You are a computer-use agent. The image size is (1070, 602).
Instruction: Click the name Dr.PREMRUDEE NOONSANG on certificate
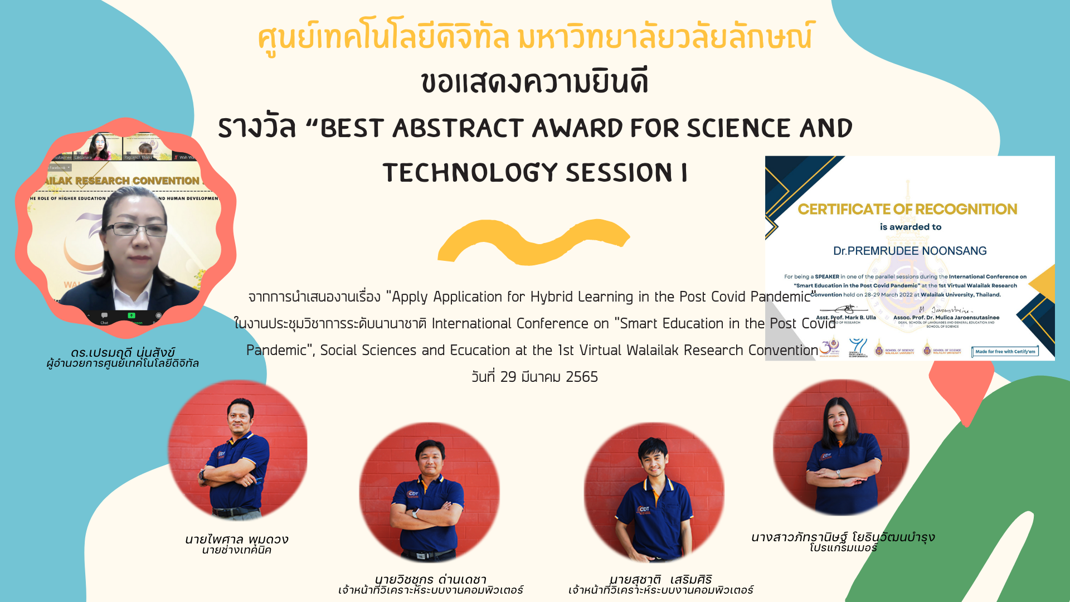[x=909, y=251]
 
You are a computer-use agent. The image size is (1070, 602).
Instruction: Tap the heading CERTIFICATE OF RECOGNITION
[x=907, y=209]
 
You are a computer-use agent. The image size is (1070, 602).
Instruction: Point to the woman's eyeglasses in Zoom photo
[x=135, y=229]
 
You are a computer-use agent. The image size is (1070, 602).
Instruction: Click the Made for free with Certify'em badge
[x=1005, y=352]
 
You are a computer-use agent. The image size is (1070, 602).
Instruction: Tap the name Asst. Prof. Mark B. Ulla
[x=846, y=317]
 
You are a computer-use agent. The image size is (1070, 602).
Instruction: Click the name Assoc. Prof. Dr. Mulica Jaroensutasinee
[x=946, y=317]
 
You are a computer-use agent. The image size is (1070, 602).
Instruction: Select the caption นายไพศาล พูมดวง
[x=236, y=539]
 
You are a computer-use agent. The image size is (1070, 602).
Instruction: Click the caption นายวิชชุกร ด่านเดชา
[x=430, y=579]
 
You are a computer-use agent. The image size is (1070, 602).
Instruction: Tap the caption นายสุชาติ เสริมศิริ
[x=660, y=579]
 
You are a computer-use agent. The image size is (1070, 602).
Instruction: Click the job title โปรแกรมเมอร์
[x=843, y=548]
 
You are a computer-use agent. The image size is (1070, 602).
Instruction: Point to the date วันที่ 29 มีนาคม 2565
[x=534, y=377]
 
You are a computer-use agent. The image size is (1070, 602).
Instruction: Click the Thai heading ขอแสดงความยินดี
[x=534, y=82]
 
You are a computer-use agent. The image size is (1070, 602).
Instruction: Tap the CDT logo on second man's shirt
[x=412, y=494]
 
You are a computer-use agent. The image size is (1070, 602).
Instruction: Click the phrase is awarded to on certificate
[x=910, y=227]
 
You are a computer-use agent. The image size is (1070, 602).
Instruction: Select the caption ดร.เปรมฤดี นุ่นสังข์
[x=123, y=352]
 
